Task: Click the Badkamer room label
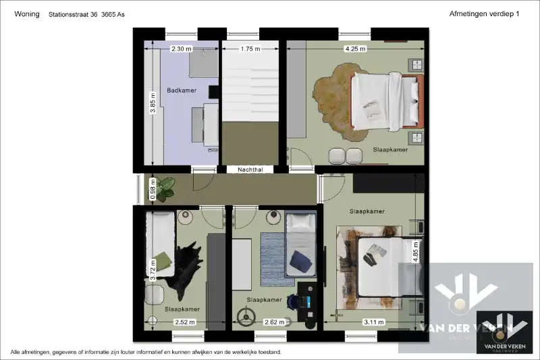click(181, 91)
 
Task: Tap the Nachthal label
click(250, 170)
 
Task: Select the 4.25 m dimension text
click(355, 49)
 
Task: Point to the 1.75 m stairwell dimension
click(250, 49)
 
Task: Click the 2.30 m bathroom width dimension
click(181, 49)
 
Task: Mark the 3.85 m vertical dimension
click(153, 107)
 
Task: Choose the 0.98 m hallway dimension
click(153, 190)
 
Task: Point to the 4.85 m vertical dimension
click(416, 252)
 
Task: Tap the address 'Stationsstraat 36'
click(74, 14)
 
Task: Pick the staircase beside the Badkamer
click(250, 84)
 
